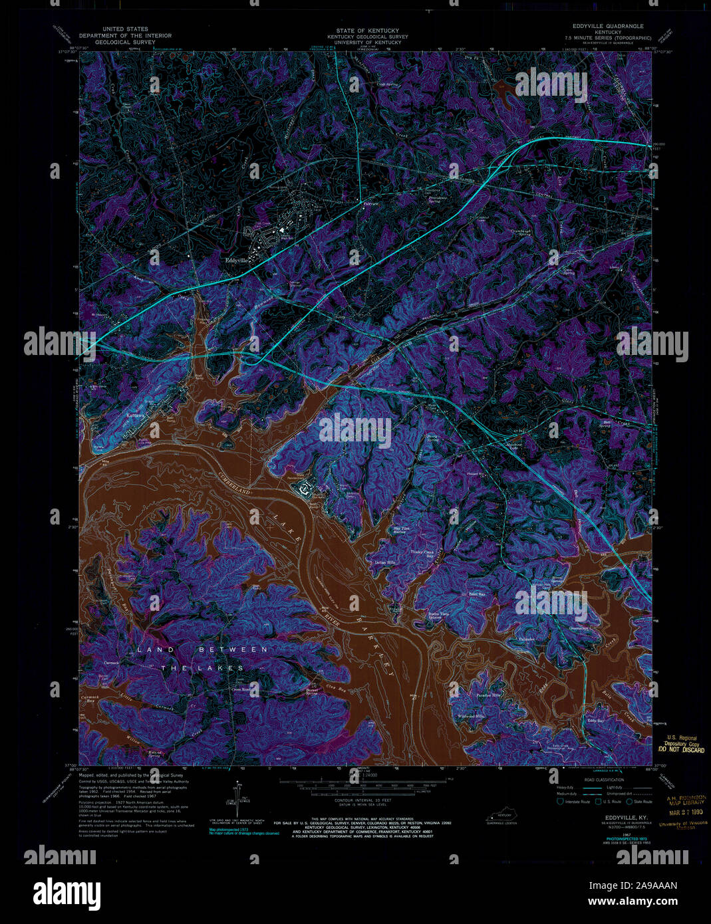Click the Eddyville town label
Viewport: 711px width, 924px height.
coord(236,261)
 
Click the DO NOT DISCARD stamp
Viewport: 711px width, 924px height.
coord(680,750)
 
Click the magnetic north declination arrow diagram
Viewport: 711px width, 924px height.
coord(238,800)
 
